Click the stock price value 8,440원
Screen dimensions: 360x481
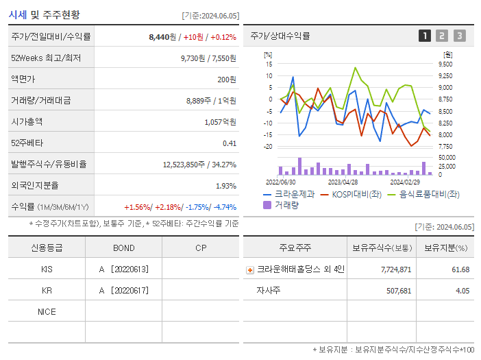coord(162,37)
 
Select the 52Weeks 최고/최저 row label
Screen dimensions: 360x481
coord(46,58)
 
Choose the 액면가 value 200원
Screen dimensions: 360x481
coord(226,80)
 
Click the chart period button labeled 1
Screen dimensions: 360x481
coord(425,36)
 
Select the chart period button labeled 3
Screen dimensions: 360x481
coord(459,36)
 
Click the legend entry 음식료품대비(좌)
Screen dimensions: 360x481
coord(429,194)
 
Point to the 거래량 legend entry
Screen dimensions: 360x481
coord(285,204)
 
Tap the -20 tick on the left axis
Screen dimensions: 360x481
coord(268,147)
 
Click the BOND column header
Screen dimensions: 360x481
coord(123,248)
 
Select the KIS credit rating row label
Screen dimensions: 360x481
coord(47,269)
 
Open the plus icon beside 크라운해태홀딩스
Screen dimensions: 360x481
coord(249,270)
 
